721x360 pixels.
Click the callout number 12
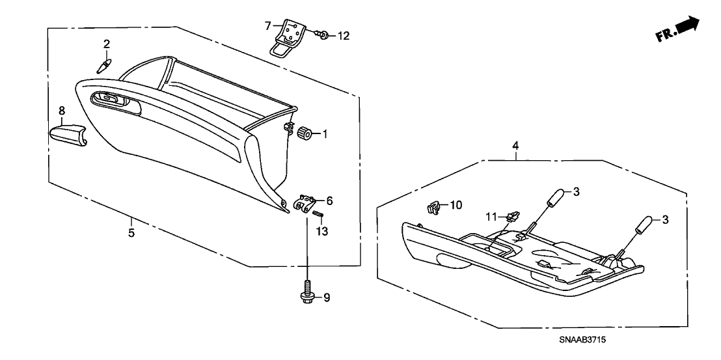pyautogui.click(x=343, y=36)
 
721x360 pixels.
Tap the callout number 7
pyautogui.click(x=267, y=26)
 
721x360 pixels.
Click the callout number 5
pyautogui.click(x=131, y=232)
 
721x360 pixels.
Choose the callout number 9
pyautogui.click(x=327, y=298)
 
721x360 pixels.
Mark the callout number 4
pyautogui.click(x=515, y=145)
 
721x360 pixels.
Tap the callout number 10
pyautogui.click(x=456, y=205)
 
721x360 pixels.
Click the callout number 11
pyautogui.click(x=493, y=215)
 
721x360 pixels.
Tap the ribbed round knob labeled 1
pyautogui.click(x=302, y=133)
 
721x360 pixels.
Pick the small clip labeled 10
pyautogui.click(x=431, y=208)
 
